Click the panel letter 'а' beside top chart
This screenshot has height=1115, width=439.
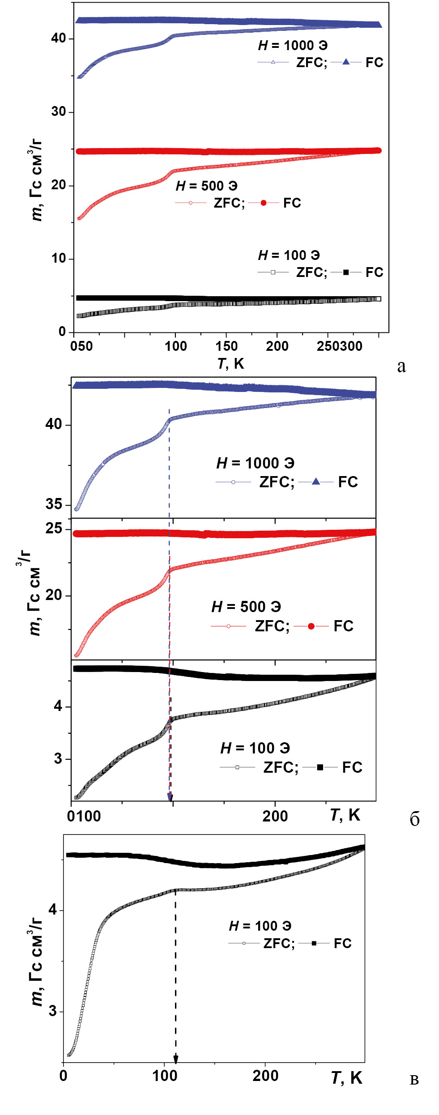pyautogui.click(x=401, y=366)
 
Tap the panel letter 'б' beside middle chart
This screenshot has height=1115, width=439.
pyautogui.click(x=414, y=819)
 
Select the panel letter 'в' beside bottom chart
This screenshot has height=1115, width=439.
pyautogui.click(x=414, y=1080)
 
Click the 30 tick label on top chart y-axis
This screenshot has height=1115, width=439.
pyautogui.click(x=59, y=111)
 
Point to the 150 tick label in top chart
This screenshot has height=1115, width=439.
pyautogui.click(x=226, y=346)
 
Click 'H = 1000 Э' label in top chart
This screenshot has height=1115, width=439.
pyautogui.click(x=293, y=45)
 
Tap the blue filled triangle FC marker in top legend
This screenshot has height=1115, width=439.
pyautogui.click(x=346, y=62)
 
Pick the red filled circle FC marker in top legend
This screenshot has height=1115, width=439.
pyautogui.click(x=264, y=203)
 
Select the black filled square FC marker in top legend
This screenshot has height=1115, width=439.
pyautogui.click(x=346, y=272)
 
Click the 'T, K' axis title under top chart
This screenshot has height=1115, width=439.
pyautogui.click(x=230, y=363)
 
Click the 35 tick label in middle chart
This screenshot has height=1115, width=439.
pyautogui.click(x=54, y=504)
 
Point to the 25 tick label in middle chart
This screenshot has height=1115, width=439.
pyautogui.click(x=54, y=528)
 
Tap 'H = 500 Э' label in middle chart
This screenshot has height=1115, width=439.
pyautogui.click(x=246, y=607)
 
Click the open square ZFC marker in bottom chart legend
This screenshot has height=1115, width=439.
pyautogui.click(x=244, y=943)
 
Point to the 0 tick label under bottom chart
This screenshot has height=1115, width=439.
pyautogui.click(x=64, y=1076)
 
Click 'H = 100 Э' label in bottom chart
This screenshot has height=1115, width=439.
pyautogui.click(x=260, y=926)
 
